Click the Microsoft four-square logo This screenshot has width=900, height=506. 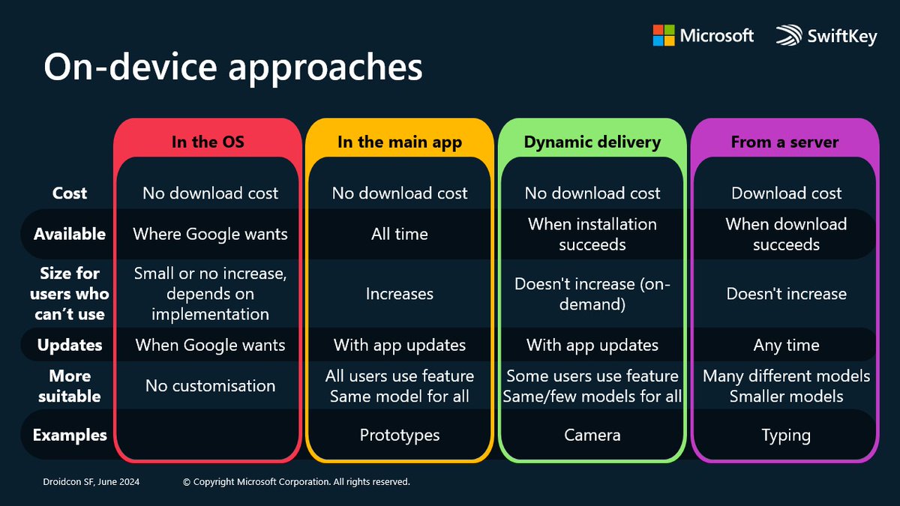coord(663,35)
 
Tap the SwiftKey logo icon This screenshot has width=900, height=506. coord(789,36)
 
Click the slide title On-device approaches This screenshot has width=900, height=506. coord(232,67)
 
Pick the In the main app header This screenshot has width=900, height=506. coord(399,142)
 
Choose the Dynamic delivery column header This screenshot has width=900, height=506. coord(592,142)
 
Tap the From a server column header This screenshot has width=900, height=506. coord(784,142)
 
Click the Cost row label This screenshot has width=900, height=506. coord(69,193)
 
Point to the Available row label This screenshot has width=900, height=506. coord(69,234)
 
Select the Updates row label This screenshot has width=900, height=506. coord(69,345)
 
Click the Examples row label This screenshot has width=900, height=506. coord(69,435)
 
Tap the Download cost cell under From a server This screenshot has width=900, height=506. coord(786,193)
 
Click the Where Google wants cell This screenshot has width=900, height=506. coord(210,234)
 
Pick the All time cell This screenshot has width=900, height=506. coord(400,234)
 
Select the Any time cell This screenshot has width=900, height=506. coord(786,345)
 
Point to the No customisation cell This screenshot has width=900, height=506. coord(210,385)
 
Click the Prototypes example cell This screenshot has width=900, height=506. coord(400,435)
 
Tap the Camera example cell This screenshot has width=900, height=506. coord(592,435)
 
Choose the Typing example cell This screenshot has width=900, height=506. coord(786,435)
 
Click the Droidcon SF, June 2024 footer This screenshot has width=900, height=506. coord(90,482)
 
